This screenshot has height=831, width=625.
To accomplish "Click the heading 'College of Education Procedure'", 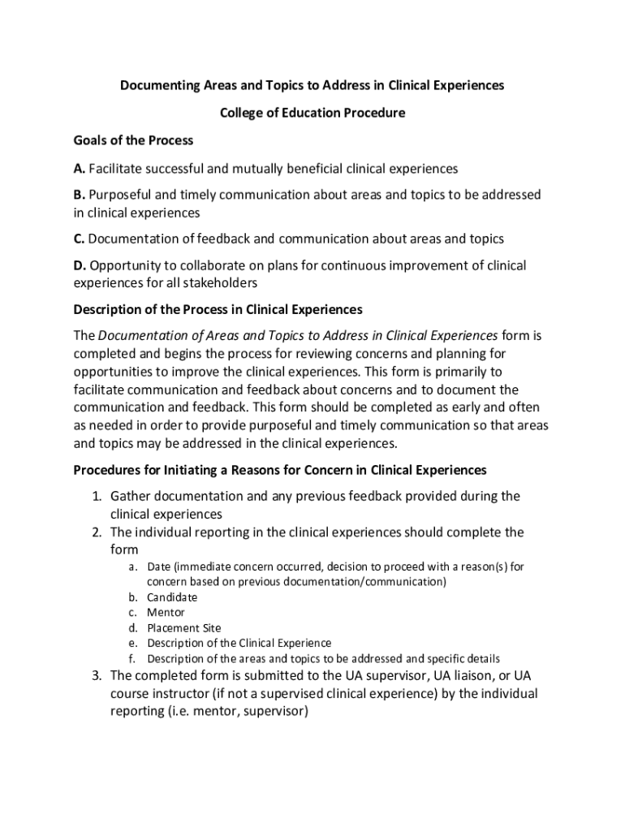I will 312,113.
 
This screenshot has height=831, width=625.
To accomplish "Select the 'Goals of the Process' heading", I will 133,140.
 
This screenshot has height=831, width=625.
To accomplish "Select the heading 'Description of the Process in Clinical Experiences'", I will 218,310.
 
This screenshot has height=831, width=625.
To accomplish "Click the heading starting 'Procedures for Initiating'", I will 280,470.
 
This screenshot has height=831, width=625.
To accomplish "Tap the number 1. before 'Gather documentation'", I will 95,496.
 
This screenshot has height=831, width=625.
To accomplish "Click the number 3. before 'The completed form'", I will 95,676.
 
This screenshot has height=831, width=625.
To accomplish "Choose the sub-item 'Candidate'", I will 172,597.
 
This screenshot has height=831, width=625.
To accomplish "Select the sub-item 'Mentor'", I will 166,613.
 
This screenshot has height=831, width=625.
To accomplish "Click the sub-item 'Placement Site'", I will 183,628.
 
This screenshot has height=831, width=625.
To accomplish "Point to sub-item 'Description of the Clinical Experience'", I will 239,644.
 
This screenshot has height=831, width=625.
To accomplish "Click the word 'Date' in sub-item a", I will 158,566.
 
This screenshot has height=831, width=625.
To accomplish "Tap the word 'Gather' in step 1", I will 131,496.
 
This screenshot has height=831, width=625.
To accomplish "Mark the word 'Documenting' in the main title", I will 158,85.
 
